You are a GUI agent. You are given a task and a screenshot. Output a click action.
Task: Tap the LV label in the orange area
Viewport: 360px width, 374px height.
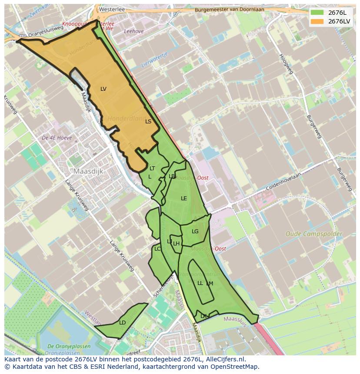click(x=103, y=89)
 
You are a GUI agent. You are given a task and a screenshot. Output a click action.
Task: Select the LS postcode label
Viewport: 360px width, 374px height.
click(x=148, y=122)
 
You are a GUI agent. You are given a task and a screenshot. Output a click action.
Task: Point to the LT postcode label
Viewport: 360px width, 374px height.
click(x=152, y=169)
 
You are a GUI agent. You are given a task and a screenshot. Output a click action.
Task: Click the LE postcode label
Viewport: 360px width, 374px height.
click(x=184, y=199)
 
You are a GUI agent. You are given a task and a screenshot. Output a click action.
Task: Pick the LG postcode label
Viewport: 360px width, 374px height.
click(x=195, y=232)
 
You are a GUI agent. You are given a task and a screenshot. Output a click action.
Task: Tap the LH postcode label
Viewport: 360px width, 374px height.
click(x=177, y=244)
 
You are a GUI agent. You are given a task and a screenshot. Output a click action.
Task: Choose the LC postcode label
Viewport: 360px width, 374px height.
click(x=157, y=249)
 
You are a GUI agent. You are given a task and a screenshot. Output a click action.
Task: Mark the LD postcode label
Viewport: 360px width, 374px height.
click(x=122, y=323)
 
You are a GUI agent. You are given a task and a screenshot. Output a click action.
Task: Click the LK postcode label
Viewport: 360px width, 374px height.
click(x=203, y=316)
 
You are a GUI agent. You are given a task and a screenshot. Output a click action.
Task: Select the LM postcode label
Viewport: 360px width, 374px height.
click(x=210, y=284)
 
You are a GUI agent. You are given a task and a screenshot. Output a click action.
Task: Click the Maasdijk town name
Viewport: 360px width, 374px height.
click(x=88, y=172)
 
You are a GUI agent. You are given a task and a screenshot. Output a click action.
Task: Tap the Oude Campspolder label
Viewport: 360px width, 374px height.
click(x=313, y=234)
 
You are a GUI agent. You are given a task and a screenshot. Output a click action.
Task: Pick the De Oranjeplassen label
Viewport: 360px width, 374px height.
click(x=69, y=346)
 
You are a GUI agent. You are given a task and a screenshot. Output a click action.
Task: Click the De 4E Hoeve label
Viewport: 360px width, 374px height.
click(x=57, y=138)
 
